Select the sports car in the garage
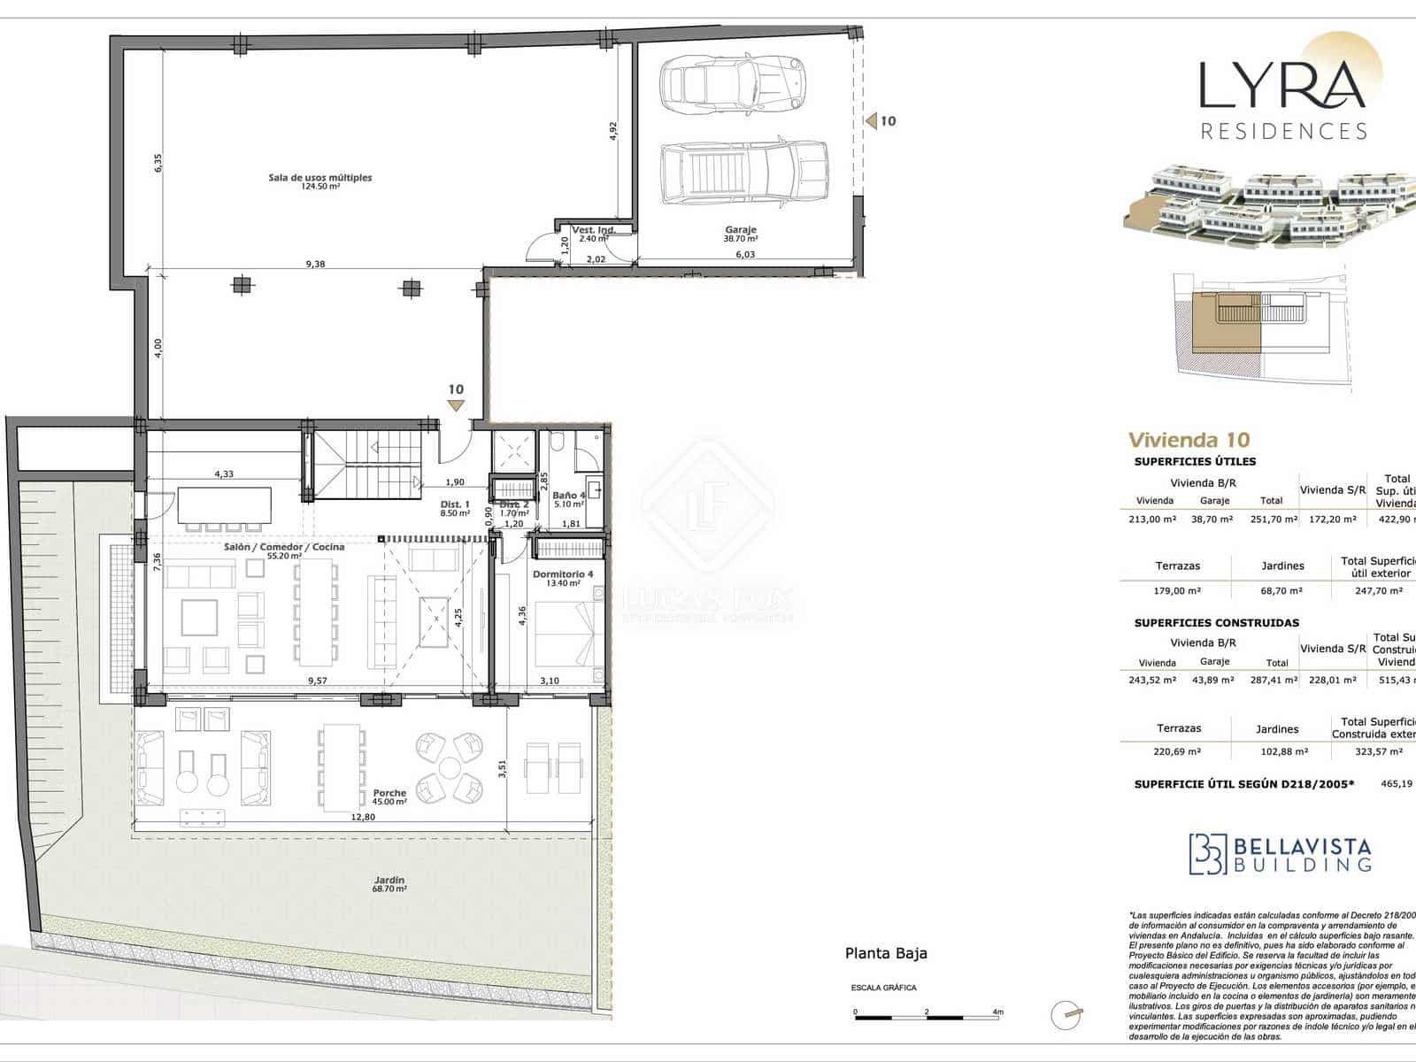733,83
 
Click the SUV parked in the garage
744,173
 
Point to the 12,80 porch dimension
363,817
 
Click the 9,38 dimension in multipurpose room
315,264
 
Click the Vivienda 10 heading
1189,440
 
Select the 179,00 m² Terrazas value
1177,590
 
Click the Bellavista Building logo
1280,854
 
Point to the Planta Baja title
886,953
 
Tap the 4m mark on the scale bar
998,1012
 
